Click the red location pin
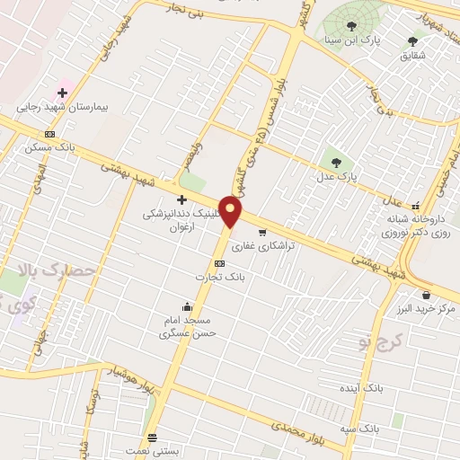coord(232,212)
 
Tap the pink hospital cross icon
coord(64,92)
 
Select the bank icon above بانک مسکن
coord(49,135)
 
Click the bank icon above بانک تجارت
coord(220,263)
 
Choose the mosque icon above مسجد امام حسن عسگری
coord(186,306)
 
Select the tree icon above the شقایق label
coord(413,40)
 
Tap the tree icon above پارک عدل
coord(336,163)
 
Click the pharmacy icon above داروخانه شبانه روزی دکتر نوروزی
coord(415,205)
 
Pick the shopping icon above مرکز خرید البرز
coord(425,295)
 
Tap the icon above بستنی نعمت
coord(152,437)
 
